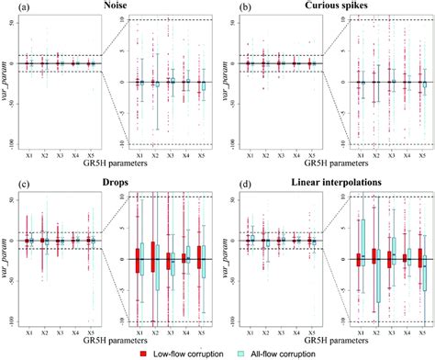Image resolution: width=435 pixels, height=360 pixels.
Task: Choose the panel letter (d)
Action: (236, 185)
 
